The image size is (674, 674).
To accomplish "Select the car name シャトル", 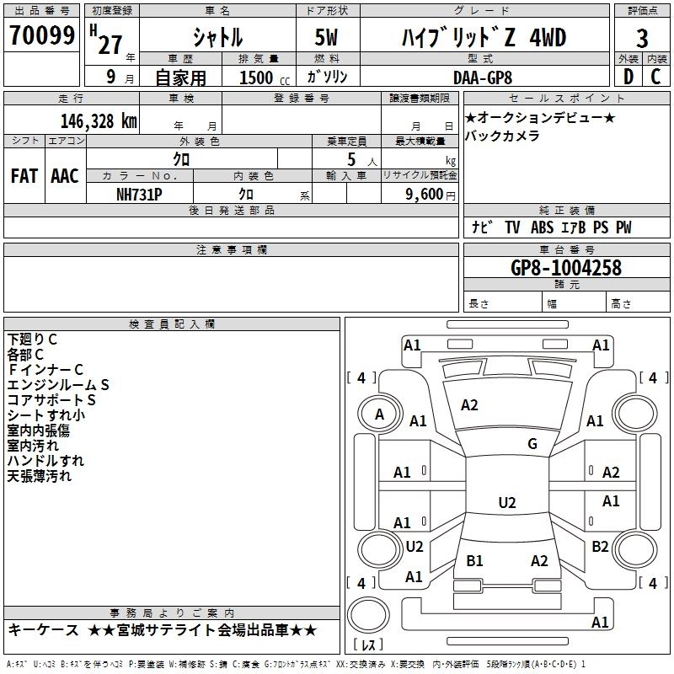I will point(217,38).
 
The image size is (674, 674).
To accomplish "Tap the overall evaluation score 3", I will point(642,39).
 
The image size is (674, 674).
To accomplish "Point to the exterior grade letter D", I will point(628,76).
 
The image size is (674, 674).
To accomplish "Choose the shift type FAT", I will point(24,175).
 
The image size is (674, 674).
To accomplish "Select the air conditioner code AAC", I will point(65,175).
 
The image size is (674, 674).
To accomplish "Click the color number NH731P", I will point(140,193).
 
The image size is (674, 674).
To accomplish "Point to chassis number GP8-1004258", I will point(565,268).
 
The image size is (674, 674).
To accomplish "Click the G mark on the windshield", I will point(532,444).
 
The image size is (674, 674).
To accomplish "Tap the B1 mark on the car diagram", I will point(474,560).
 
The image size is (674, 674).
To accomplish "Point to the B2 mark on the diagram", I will point(600,547).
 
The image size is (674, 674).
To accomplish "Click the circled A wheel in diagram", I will point(379,415).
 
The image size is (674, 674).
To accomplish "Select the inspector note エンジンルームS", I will point(58,384).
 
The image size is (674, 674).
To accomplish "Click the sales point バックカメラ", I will point(502,136).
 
